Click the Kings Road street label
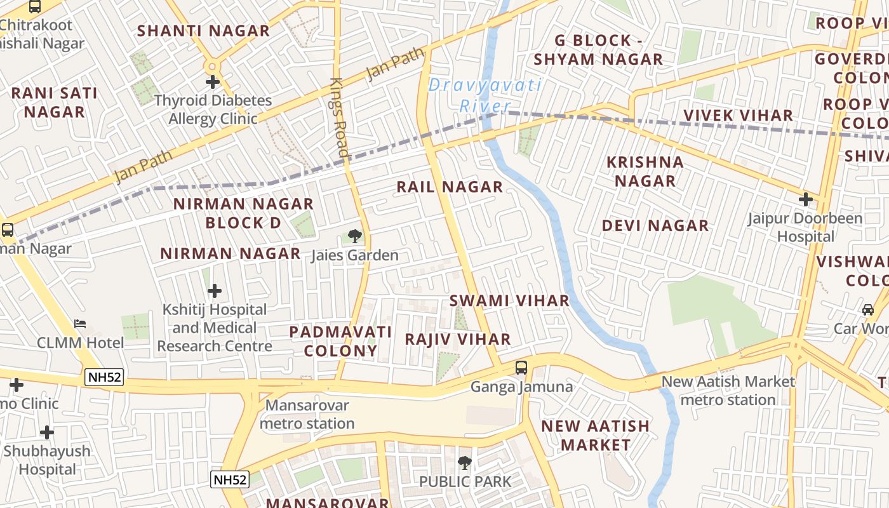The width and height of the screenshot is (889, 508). [340, 118]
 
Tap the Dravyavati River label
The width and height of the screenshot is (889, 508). [485, 95]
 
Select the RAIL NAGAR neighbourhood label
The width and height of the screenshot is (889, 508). [450, 187]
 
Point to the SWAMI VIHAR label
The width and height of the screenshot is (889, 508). [509, 300]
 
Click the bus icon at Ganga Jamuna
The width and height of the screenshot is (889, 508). [521, 367]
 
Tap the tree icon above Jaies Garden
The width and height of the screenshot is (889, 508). [355, 237]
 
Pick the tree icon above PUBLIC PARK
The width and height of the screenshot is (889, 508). [465, 463]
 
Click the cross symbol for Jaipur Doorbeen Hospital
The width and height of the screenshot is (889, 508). [806, 199]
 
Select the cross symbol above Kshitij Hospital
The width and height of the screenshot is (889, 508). [215, 291]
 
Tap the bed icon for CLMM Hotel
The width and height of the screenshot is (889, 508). [80, 324]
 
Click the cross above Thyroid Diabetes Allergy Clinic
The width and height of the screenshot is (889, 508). [213, 82]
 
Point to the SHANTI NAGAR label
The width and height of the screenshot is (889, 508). [203, 30]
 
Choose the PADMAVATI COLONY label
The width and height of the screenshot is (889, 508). [340, 341]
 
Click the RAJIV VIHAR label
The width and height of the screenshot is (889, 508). [458, 339]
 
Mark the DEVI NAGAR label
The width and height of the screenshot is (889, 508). [655, 225]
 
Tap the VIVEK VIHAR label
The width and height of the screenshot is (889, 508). [738, 116]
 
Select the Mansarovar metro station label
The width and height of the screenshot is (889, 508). [307, 414]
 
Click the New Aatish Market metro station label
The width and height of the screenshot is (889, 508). [728, 391]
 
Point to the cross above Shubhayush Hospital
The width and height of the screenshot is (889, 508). [47, 433]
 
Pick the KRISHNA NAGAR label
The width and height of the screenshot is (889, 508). [645, 171]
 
